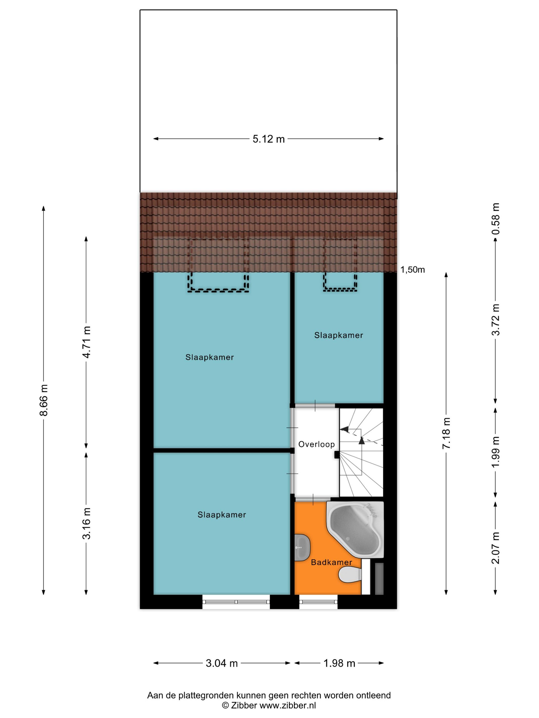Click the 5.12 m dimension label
click(268, 139)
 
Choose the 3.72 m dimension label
click(495, 320)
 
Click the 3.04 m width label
click(222, 663)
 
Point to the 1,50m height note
click(412, 270)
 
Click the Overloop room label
click(316, 444)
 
